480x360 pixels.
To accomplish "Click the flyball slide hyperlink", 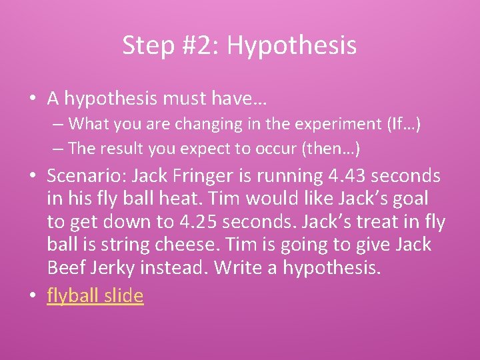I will point(95,295).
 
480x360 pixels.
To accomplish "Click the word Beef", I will point(66,268).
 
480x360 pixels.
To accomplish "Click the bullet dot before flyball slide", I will point(33,296).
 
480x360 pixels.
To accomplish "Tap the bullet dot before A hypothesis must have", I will point(33,99).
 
